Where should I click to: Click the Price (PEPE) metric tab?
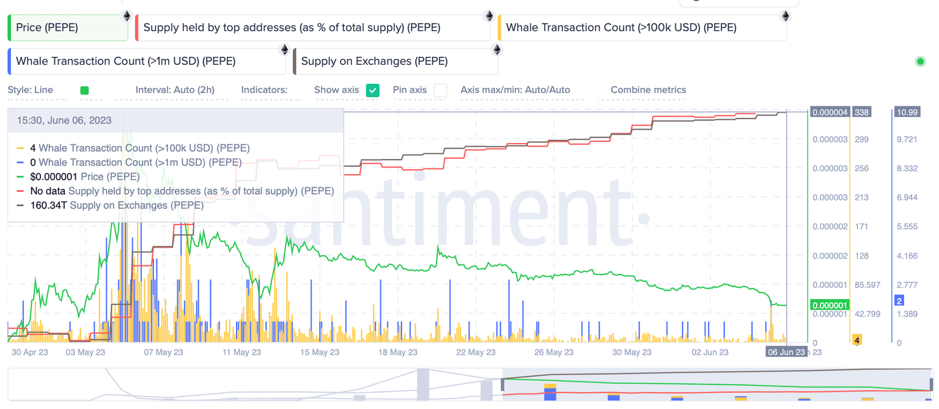coord(67,28)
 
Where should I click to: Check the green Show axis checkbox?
coord(372,90)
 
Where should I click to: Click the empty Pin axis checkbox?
coord(440,90)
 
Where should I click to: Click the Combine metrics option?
coord(648,90)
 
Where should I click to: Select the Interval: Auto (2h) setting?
coord(175,90)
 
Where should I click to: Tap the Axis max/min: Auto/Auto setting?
coord(515,90)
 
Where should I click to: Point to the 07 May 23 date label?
coord(163,352)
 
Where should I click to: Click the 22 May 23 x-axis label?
coord(476,352)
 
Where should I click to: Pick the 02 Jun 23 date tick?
coord(709,352)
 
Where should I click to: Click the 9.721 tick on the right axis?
coord(907,139)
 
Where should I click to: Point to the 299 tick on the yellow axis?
coord(862,139)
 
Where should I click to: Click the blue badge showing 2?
coord(899,300)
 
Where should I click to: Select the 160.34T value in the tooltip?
coord(49,205)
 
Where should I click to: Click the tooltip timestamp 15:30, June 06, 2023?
coord(64,120)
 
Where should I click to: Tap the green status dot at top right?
coord(920,61)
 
